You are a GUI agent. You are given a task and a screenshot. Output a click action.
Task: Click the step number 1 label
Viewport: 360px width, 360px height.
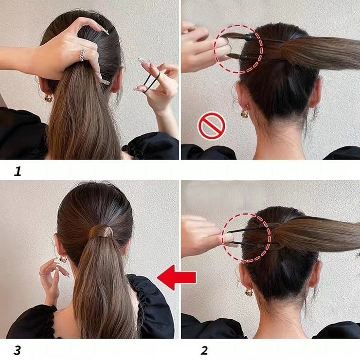coord(18,171)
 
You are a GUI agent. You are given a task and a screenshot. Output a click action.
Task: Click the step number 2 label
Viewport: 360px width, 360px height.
coord(204,350)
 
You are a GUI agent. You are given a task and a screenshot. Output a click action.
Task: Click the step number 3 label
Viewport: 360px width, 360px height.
coord(17,350)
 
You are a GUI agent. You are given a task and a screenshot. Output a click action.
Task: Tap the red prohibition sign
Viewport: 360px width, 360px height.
coord(212,126)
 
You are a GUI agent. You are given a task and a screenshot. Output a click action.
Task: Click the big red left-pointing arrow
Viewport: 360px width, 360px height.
coord(176,277)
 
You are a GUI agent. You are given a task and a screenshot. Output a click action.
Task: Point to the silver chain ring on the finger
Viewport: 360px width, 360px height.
coord(82,55)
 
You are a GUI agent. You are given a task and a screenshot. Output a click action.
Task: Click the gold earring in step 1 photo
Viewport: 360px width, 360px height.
coord(48,98)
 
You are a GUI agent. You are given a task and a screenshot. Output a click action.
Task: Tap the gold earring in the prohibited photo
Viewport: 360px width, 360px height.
coord(244,113)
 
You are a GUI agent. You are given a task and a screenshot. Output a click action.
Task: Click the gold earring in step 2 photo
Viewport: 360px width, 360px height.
coord(249,291)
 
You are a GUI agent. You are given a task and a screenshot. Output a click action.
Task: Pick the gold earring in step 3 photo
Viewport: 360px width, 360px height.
coord(63,259)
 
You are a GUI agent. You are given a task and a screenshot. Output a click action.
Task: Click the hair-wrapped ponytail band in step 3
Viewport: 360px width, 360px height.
coord(101,231)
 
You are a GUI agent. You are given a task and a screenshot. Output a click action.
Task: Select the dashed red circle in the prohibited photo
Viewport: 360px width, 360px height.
coord(238,49)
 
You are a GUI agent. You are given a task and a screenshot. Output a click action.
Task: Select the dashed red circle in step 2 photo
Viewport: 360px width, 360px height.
coord(246,237)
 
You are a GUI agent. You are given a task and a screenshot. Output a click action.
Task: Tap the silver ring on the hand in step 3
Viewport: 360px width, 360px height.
coord(41,274)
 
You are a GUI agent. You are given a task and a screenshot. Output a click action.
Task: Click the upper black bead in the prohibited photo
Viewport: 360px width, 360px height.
coord(249,36)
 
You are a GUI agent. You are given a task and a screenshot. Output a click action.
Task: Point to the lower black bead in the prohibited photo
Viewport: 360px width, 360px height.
coord(244,57)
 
